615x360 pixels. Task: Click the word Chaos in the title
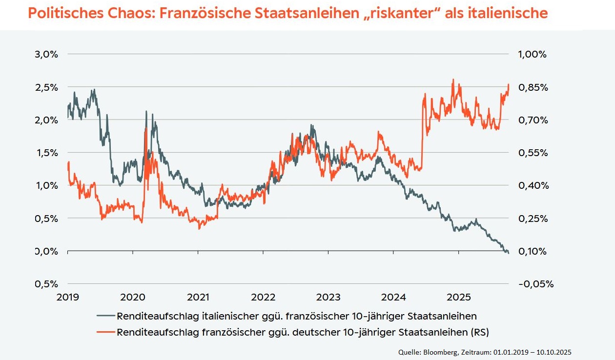coord(123,13)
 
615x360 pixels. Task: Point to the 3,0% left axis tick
coord(46,54)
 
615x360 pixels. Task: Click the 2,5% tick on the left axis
coord(46,87)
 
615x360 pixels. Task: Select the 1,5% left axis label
coord(46,153)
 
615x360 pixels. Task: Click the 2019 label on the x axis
coord(68,297)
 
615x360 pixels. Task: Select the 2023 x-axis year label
coord(328,297)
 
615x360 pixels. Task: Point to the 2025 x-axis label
coord(459,297)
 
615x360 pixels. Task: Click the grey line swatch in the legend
coord(106,316)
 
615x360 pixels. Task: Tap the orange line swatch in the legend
coord(106,333)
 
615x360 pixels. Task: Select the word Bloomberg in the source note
coord(439,352)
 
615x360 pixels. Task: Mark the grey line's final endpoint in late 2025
coord(509,253)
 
